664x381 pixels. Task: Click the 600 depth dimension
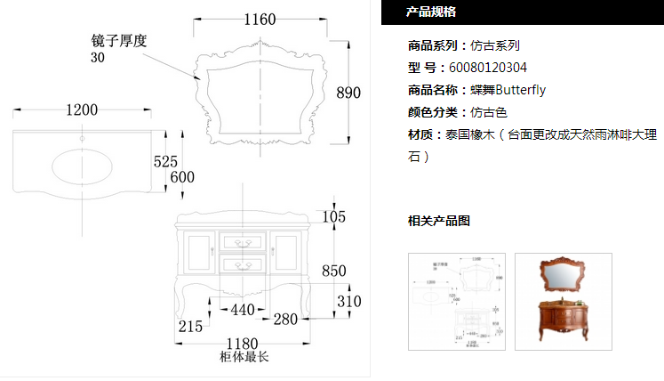[181, 177]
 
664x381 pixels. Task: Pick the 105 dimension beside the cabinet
[333, 217]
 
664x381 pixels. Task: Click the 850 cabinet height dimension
[334, 271]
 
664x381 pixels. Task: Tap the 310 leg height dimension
[349, 302]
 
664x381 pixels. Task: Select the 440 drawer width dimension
[244, 311]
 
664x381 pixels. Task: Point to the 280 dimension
[285, 318]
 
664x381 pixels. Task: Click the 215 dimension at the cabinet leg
[191, 327]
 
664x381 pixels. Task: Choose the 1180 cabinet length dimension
[243, 343]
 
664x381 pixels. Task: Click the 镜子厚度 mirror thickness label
[118, 41]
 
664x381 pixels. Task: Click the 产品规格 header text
[431, 12]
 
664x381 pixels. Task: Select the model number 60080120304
[488, 67]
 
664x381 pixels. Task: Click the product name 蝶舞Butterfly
[508, 89]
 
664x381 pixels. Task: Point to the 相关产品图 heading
[438, 221]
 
